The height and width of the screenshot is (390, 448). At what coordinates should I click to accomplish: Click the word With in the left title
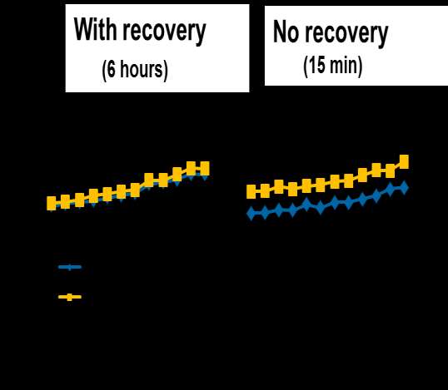coord(96,29)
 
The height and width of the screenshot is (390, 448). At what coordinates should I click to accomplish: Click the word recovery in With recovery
coord(164,32)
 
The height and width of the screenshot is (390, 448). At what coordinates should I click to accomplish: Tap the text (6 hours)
coord(135,70)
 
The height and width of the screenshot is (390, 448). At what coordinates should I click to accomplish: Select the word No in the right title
coord(286,32)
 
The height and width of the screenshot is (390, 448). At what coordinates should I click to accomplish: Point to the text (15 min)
coord(333,66)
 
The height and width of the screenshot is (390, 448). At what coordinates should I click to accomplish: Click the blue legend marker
coord(70,267)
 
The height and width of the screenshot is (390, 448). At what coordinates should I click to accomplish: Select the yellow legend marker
coord(70,297)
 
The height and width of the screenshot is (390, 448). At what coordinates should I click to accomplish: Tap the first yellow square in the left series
coord(52,203)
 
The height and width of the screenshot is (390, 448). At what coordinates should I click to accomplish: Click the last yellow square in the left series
coord(205,168)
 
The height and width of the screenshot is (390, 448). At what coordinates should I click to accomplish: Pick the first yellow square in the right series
coord(251,191)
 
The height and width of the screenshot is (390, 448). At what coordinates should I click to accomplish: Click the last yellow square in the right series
coord(404,162)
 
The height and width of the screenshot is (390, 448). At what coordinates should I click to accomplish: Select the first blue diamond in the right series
coord(251,213)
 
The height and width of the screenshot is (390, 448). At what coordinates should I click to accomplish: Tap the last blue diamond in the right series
coord(404,188)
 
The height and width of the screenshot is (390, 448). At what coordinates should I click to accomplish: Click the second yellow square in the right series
coord(265,190)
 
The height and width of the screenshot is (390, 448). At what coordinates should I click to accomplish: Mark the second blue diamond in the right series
coord(264,213)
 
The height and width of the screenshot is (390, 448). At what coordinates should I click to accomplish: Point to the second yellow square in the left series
coord(65,202)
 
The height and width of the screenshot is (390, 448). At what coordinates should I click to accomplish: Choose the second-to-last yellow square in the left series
coord(191,168)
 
